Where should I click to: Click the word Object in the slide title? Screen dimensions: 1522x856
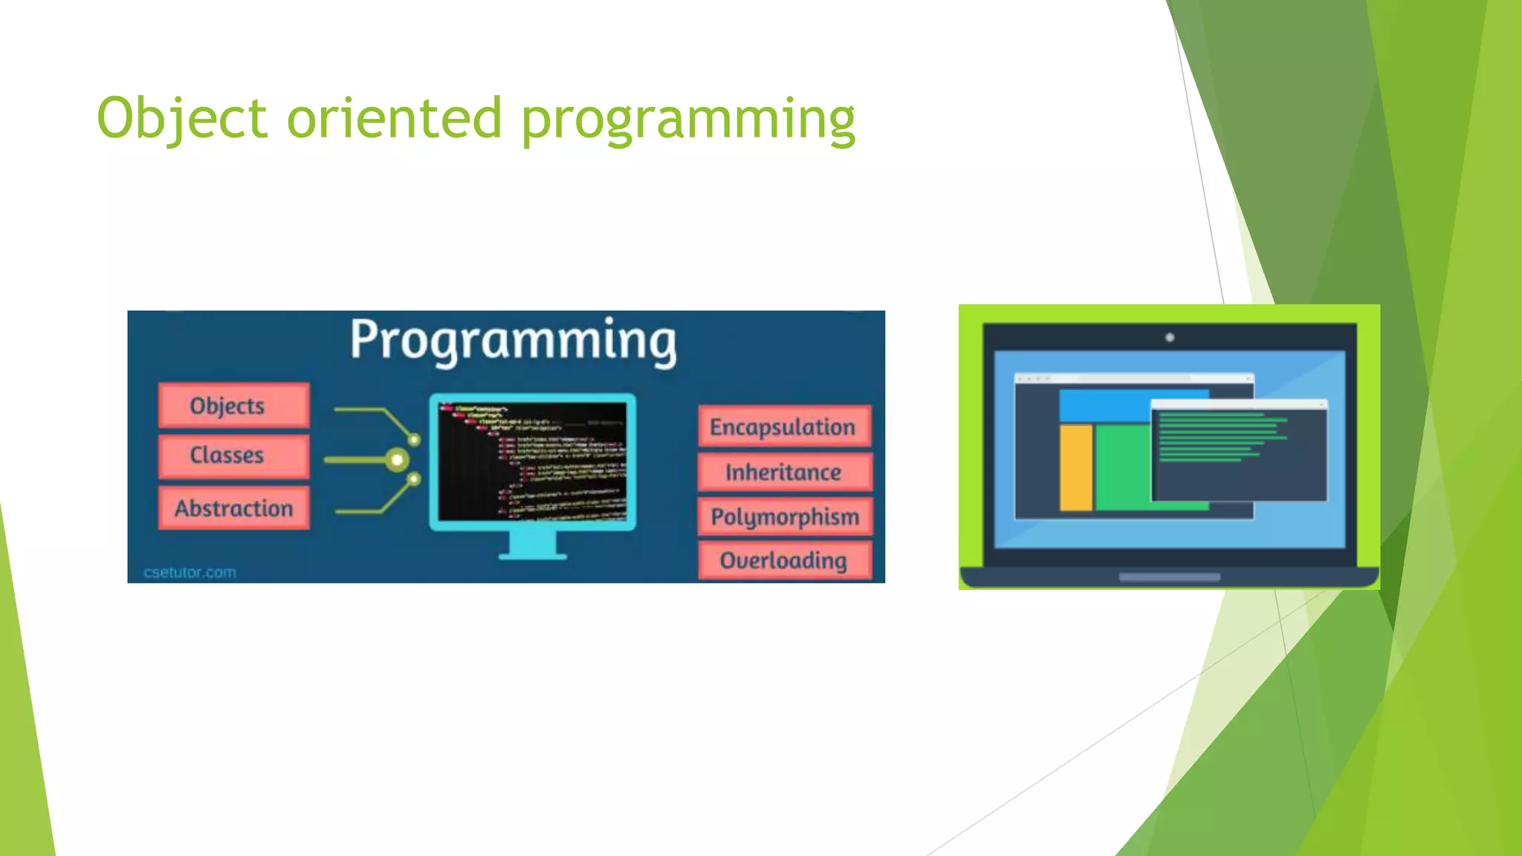(181, 119)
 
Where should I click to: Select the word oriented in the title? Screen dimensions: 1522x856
(394, 119)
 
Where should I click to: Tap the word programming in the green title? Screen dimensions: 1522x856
(687, 120)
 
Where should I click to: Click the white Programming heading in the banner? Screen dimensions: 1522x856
(513, 340)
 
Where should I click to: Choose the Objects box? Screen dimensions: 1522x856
(233, 406)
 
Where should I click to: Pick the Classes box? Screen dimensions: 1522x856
(233, 455)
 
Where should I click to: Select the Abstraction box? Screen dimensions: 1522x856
(233, 508)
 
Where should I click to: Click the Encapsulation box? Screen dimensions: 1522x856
(783, 427)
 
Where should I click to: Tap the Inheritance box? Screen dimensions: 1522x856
(783, 473)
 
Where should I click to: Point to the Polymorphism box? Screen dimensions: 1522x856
(785, 516)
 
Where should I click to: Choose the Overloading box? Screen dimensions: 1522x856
(783, 560)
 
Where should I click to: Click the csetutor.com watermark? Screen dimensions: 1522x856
(190, 572)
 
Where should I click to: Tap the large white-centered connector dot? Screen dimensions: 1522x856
(398, 460)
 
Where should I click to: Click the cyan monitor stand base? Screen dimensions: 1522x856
(532, 554)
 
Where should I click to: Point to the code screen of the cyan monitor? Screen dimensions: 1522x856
(532, 461)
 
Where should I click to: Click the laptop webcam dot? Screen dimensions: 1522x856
(1170, 337)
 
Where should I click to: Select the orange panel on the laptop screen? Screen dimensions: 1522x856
(1075, 467)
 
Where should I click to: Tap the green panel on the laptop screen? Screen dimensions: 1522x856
(1122, 467)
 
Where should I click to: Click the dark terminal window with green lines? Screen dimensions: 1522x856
(1239, 453)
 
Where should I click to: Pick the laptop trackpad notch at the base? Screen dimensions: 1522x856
(1170, 577)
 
